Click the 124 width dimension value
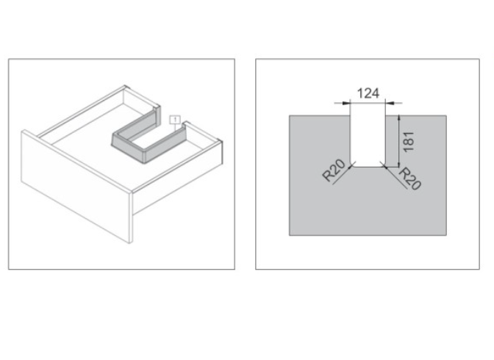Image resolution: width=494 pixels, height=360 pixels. pyautogui.click(x=368, y=93)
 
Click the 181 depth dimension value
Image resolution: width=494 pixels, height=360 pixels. pyautogui.click(x=408, y=142)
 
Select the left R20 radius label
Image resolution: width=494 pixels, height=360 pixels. pyautogui.click(x=334, y=170)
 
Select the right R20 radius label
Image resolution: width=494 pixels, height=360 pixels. pyautogui.click(x=410, y=179)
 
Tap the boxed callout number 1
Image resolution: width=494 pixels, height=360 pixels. pyautogui.click(x=175, y=120)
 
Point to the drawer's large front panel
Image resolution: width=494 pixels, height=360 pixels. pyautogui.click(x=76, y=186)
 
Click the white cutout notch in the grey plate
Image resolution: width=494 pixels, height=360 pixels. pyautogui.click(x=368, y=141)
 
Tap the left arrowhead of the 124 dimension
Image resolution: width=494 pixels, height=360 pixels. pyautogui.click(x=346, y=103)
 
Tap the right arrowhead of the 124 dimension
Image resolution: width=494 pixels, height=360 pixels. pyautogui.click(x=389, y=103)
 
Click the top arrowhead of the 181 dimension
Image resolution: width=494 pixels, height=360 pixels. pyautogui.click(x=399, y=118)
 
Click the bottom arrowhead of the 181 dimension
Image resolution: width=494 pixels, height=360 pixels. pyautogui.click(x=399, y=164)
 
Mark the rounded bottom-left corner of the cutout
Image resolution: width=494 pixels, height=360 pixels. pyautogui.click(x=352, y=165)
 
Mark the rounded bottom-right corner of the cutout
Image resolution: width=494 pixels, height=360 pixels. pyautogui.click(x=384, y=165)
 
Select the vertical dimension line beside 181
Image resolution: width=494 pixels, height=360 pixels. pyautogui.click(x=399, y=141)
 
